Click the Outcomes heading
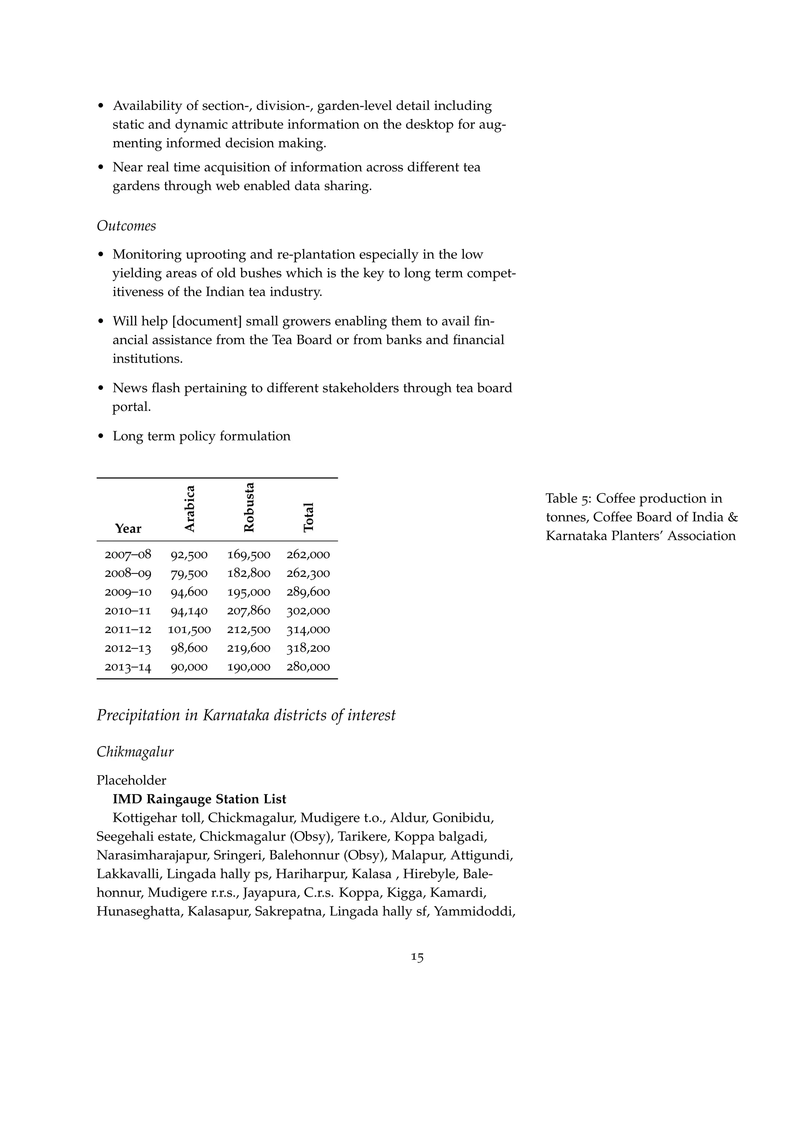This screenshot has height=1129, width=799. click(x=126, y=226)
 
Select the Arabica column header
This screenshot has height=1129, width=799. click(x=190, y=508)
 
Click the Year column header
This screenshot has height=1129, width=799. click(x=128, y=529)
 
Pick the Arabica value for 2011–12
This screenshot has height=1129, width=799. click(x=190, y=629)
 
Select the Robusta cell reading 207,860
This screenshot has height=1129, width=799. click(x=249, y=611)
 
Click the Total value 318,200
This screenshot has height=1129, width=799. click(x=308, y=648)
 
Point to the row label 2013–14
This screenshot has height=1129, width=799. click(x=128, y=667)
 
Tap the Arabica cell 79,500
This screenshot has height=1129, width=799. click(x=190, y=573)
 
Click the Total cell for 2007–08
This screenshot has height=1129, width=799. click(x=308, y=555)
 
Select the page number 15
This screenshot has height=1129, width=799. click(x=417, y=957)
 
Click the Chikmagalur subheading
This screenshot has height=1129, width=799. click(x=135, y=752)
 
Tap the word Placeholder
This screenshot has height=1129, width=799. click(x=131, y=780)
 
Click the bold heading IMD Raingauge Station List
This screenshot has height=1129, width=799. click(x=199, y=799)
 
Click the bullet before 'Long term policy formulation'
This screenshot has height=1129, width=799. click(x=101, y=437)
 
